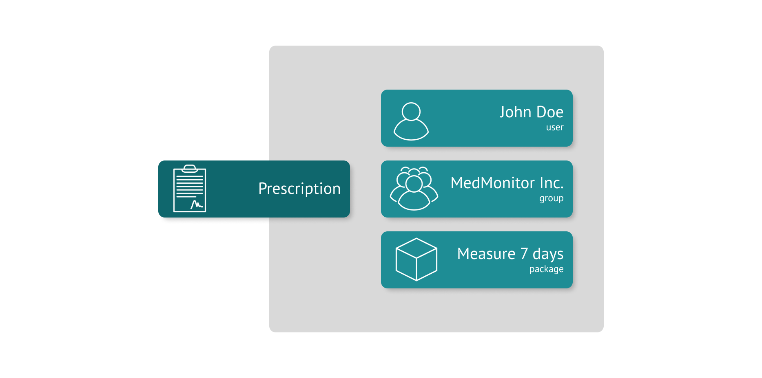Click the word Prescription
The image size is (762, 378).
click(299, 189)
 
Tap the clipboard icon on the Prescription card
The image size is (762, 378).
click(190, 189)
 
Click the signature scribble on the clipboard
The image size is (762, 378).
click(197, 204)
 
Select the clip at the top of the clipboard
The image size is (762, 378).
click(190, 168)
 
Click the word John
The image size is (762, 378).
click(515, 112)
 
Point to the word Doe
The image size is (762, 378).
click(550, 112)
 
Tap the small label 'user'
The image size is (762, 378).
click(555, 127)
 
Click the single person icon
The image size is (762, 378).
click(411, 121)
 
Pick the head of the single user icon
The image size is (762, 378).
click(411, 111)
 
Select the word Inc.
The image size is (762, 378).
click(552, 183)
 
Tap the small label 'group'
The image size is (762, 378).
click(551, 198)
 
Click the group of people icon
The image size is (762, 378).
click(414, 189)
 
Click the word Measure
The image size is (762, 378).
click(486, 254)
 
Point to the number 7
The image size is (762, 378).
click(524, 254)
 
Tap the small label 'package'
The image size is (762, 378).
click(546, 269)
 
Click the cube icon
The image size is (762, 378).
click(416, 259)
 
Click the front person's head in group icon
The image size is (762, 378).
click(414, 184)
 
